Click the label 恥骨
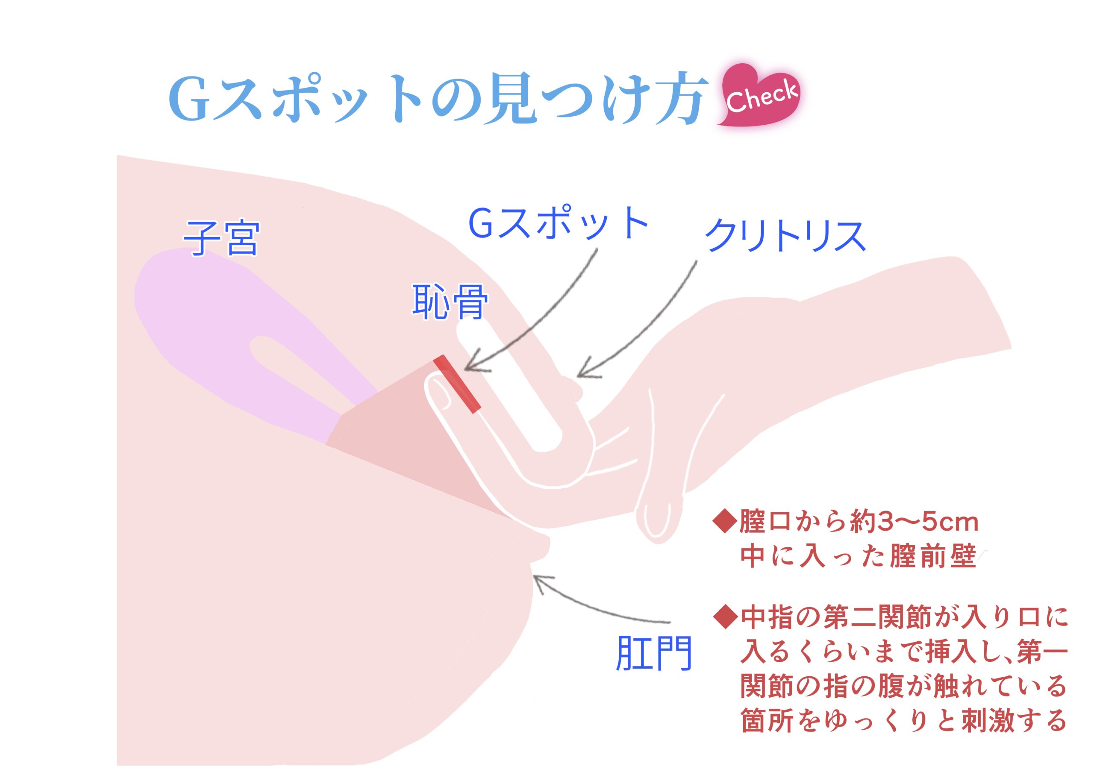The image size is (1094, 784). click(449, 302)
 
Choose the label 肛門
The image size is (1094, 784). click(654, 653)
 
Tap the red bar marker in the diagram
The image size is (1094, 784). click(457, 384)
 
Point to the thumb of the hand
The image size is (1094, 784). click(659, 506)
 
